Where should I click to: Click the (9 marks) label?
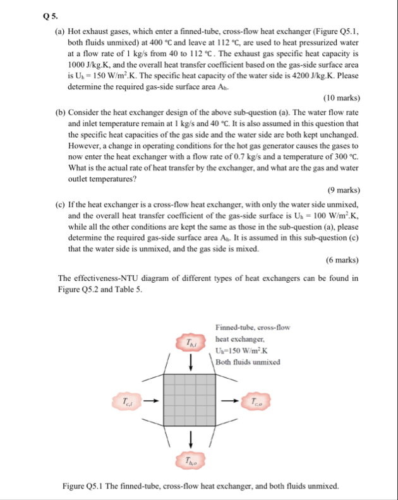tap(343, 189)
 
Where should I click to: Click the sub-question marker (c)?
tap(61, 205)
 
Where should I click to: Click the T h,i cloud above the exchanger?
tap(191, 343)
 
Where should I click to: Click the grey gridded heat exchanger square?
tap(191, 400)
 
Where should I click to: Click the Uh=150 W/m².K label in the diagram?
tap(243, 351)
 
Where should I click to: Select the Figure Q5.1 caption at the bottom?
tap(200, 486)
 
